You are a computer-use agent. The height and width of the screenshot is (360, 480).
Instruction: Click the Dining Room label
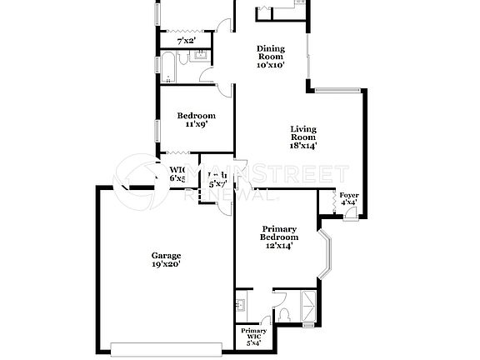pyautogui.click(x=271, y=48)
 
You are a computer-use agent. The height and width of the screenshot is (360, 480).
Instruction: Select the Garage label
pyautogui.click(x=166, y=255)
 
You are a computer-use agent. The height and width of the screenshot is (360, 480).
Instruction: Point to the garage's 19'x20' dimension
pyautogui.click(x=166, y=264)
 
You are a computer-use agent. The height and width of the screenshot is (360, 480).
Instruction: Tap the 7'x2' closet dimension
pyautogui.click(x=186, y=41)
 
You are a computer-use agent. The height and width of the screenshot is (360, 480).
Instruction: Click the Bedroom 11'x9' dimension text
pyautogui.click(x=196, y=124)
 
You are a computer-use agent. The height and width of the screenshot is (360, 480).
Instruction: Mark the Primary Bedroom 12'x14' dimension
pyautogui.click(x=280, y=246)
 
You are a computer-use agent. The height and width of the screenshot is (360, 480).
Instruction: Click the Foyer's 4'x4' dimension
pyautogui.click(x=348, y=202)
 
